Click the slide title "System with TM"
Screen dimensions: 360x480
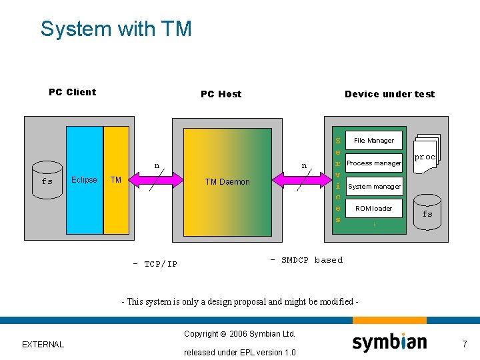click(116, 29)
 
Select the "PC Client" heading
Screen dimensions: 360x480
click(72, 92)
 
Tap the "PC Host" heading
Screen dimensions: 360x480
click(221, 94)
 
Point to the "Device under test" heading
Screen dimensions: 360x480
click(389, 94)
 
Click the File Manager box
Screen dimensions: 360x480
click(373, 141)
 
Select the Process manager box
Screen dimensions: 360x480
click(373, 163)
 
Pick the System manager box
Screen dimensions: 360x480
click(373, 187)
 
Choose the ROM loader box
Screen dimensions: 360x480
click(373, 209)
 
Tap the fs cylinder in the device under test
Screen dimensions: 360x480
click(427, 212)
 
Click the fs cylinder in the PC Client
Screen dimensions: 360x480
click(47, 179)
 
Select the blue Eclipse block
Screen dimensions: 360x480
click(84, 180)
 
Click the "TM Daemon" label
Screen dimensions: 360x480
click(227, 182)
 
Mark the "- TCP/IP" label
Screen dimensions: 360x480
click(155, 264)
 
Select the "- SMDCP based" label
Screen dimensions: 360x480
click(306, 260)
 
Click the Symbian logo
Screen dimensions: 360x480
click(389, 343)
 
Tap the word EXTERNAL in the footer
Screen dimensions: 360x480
click(43, 345)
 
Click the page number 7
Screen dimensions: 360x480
click(465, 344)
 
